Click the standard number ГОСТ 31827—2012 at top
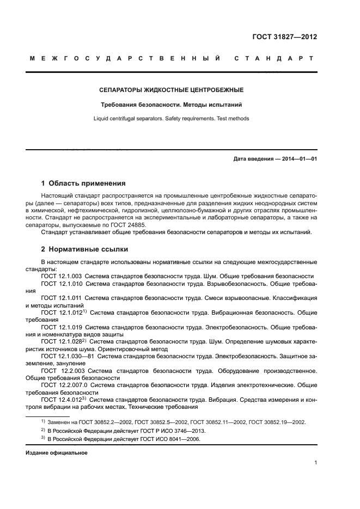[285, 37]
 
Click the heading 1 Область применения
[84, 183]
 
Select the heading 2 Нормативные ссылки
[84, 249]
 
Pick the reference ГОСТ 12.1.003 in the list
[62, 276]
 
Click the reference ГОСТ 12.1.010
[62, 284]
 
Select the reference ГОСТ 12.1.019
[62, 327]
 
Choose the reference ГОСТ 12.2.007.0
[64, 385]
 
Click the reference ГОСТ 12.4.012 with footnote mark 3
[62, 400]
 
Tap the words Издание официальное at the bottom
[57, 452]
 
